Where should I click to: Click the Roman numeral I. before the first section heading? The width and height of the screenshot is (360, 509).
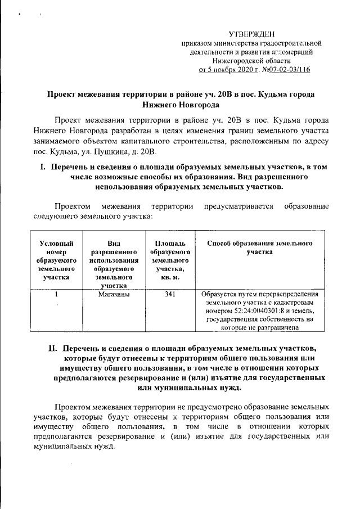41,167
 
